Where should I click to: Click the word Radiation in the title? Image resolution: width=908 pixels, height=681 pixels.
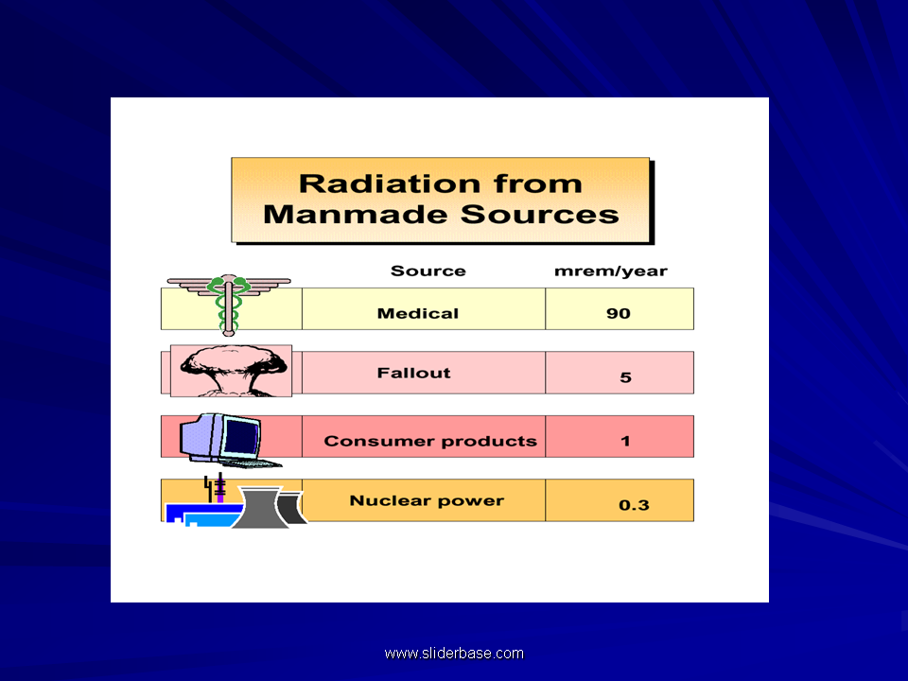point(390,184)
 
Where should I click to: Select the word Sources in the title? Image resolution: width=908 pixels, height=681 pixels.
point(540,215)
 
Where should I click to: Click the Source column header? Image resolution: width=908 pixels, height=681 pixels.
point(428,271)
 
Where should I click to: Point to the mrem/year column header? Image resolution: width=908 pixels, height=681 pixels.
point(611,271)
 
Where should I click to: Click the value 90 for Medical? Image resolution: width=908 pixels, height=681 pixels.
point(619,313)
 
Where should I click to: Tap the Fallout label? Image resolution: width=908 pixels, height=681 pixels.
point(413,373)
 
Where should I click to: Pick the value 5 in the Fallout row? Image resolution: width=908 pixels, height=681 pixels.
point(625,377)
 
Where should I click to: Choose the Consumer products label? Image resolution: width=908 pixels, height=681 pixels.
point(430,442)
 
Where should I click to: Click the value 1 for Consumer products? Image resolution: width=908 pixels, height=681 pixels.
point(625,442)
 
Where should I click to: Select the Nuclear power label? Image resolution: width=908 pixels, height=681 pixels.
point(427,501)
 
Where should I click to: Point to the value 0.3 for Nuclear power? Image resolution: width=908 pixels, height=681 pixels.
point(634,505)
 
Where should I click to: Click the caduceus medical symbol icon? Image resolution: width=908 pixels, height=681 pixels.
point(229,304)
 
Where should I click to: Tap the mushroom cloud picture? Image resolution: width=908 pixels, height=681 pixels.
point(232,371)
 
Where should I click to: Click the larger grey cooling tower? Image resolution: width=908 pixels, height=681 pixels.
point(260,507)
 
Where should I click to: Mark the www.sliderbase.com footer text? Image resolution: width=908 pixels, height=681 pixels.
point(454,654)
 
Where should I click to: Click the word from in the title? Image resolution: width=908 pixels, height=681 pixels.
point(538,184)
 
